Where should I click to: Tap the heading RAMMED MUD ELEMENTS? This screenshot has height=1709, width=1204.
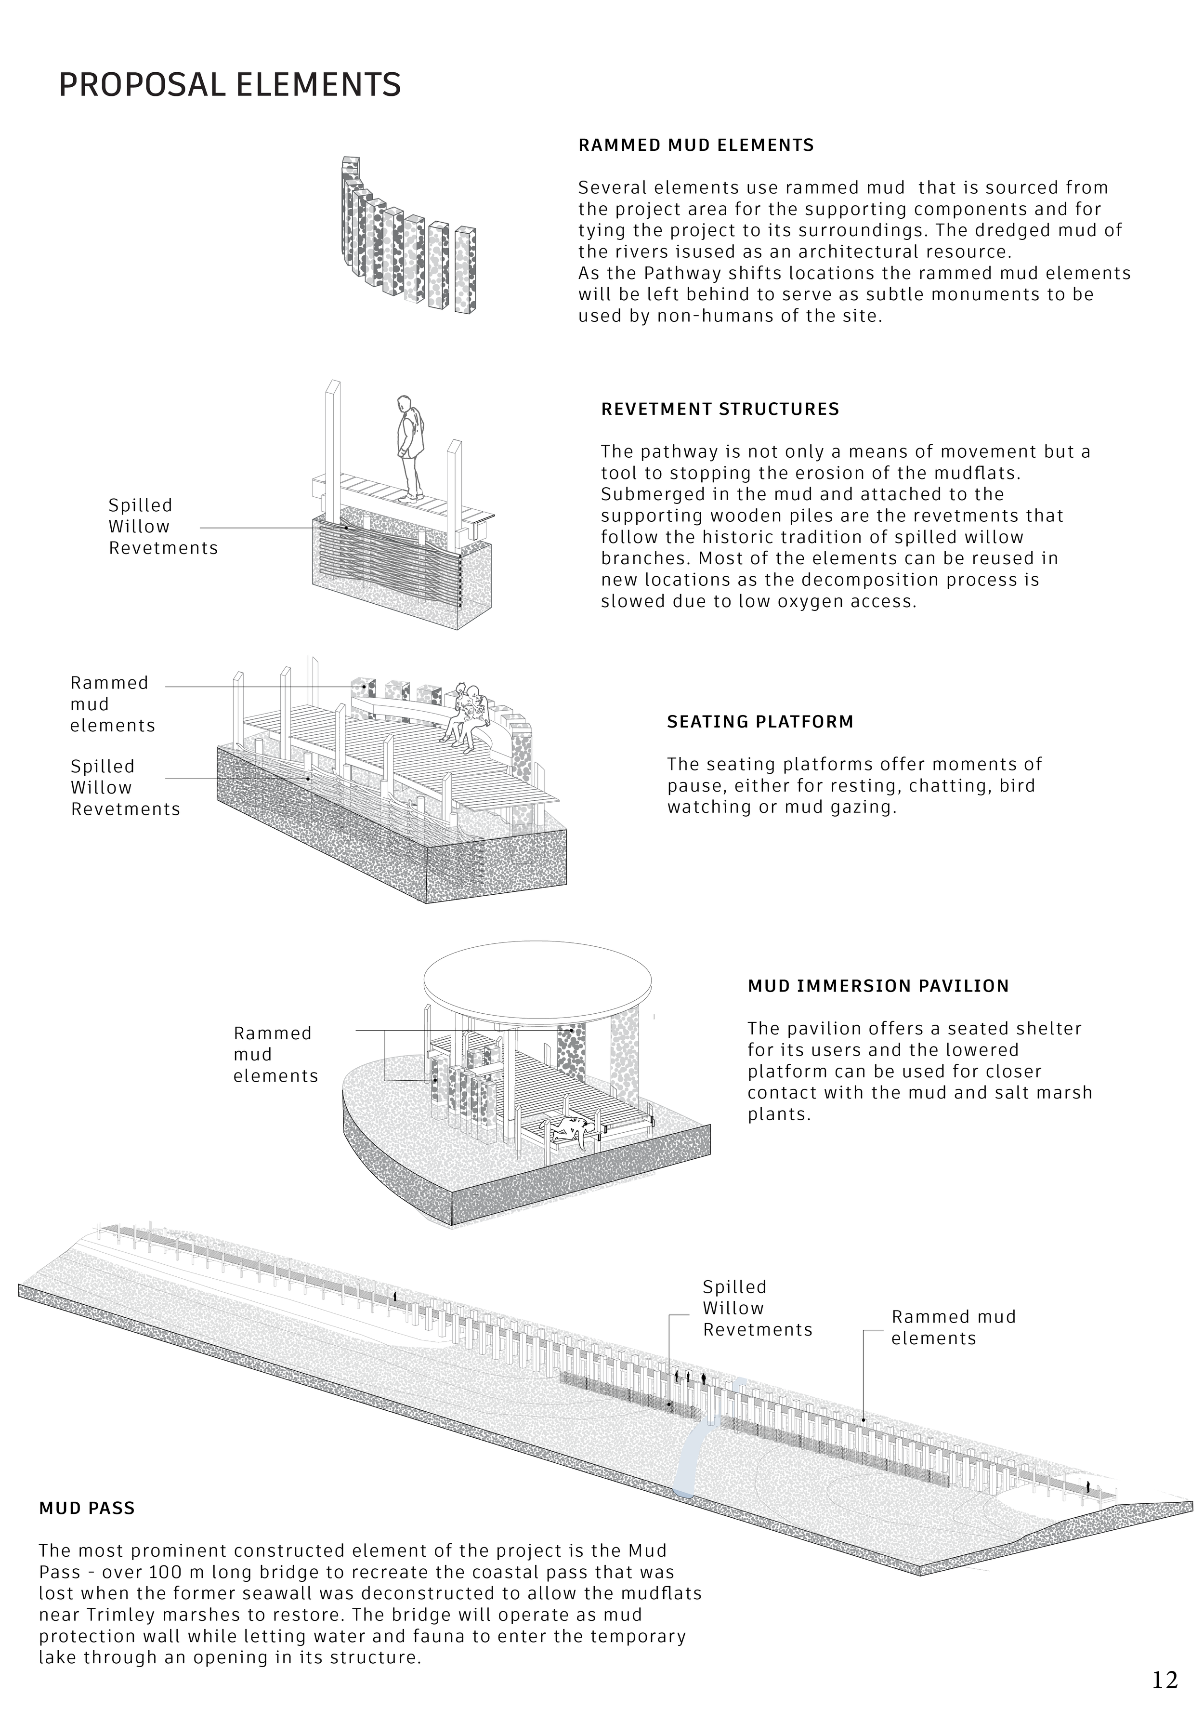click(x=696, y=145)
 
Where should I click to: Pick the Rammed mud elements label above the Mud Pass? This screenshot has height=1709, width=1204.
click(x=953, y=1327)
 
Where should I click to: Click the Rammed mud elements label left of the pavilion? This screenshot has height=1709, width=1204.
click(x=275, y=1054)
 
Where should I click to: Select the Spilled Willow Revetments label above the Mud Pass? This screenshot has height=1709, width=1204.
click(x=757, y=1308)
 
